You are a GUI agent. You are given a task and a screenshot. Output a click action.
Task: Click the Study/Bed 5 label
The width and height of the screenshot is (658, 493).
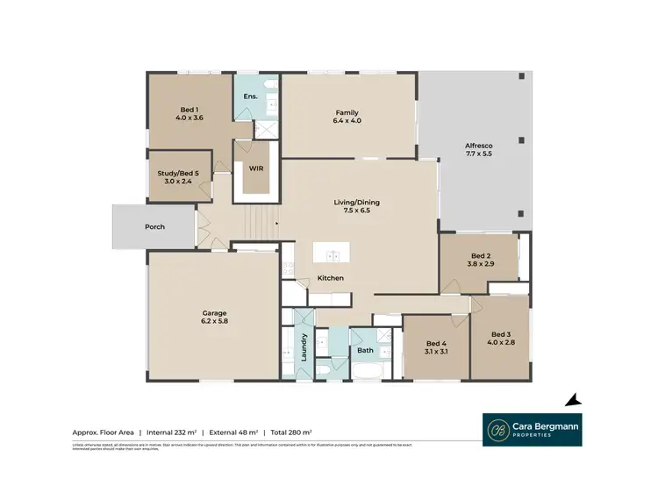(178, 178)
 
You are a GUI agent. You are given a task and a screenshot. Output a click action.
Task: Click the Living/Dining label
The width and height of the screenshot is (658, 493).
(356, 207)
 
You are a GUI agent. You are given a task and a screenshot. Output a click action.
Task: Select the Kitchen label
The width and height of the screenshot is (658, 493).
(331, 278)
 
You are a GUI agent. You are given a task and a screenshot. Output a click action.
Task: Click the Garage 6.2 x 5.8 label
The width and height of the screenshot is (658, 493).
(215, 317)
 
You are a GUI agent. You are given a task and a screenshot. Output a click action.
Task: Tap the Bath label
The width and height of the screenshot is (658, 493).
(365, 351)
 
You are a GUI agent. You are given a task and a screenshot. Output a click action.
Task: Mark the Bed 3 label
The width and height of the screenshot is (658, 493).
(500, 339)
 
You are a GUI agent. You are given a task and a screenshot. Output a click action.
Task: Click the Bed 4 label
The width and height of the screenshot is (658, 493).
(436, 347)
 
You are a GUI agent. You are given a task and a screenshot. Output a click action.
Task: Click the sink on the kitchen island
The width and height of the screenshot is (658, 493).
(333, 256)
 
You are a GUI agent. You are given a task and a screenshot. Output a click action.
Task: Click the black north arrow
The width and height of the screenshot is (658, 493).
(573, 400)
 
